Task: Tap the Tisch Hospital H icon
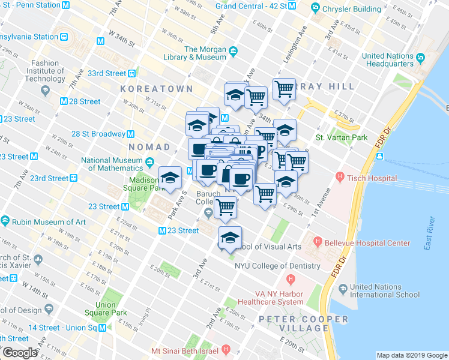[x=340, y=177]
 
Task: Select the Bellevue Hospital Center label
[x=367, y=243]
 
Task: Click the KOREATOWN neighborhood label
[x=156, y=88]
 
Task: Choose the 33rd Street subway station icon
[x=131, y=74]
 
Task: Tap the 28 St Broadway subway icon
[x=130, y=134]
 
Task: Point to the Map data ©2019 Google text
[x=411, y=355]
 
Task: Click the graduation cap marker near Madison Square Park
[x=170, y=177]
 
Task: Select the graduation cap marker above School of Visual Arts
[x=230, y=238]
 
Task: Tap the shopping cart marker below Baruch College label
[x=225, y=207]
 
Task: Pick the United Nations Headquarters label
[x=388, y=59]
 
